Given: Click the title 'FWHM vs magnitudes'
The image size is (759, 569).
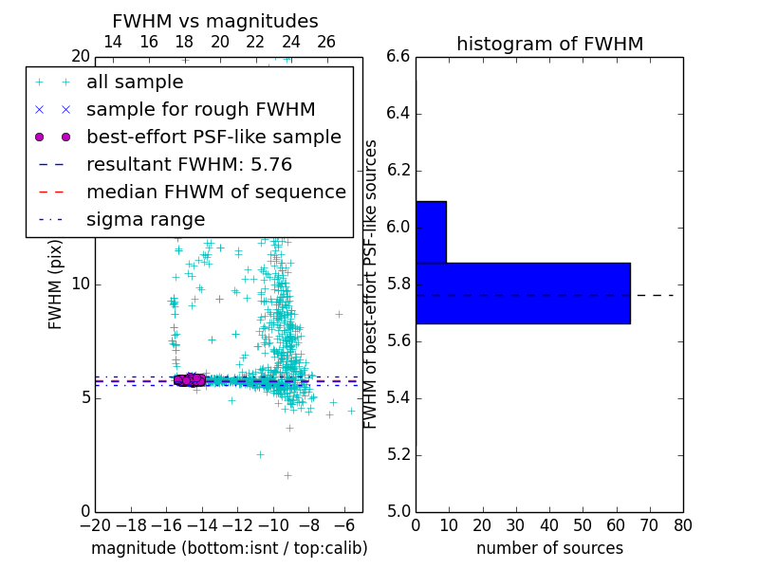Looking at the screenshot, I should coord(215,21).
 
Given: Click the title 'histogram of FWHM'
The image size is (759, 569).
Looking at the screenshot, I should coord(549,44).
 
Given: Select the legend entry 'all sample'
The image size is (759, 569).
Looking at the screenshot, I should coord(135,83).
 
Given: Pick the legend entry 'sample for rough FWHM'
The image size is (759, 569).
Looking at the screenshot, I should coord(200,109).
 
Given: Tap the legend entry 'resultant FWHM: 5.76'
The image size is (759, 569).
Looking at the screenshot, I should coord(189,164).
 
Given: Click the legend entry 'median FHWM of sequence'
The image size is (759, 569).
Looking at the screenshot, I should coord(215,192).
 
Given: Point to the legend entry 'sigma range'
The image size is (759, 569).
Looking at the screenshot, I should coord(145,219).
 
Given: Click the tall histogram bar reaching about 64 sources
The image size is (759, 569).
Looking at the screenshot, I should coord(523,293).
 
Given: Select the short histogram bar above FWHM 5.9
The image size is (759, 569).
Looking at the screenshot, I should coord(431,231).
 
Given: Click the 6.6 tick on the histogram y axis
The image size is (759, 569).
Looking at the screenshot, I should coord(398,57).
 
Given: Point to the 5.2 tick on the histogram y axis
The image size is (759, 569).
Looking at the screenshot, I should coord(398,454).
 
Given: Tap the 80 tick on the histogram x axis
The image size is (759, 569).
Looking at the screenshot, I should coord(683,525).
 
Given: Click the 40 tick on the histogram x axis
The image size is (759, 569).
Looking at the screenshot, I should coord(549,525).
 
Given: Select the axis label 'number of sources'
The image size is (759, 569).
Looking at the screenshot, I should coord(549,548).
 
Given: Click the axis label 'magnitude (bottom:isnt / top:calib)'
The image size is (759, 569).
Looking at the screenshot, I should coord(229,548).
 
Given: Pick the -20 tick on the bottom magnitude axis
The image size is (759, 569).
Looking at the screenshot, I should coord(95,525).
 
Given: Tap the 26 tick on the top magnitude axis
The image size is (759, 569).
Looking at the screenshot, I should coord(326,42).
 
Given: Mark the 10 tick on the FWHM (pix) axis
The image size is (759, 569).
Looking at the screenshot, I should coord(81,284).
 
